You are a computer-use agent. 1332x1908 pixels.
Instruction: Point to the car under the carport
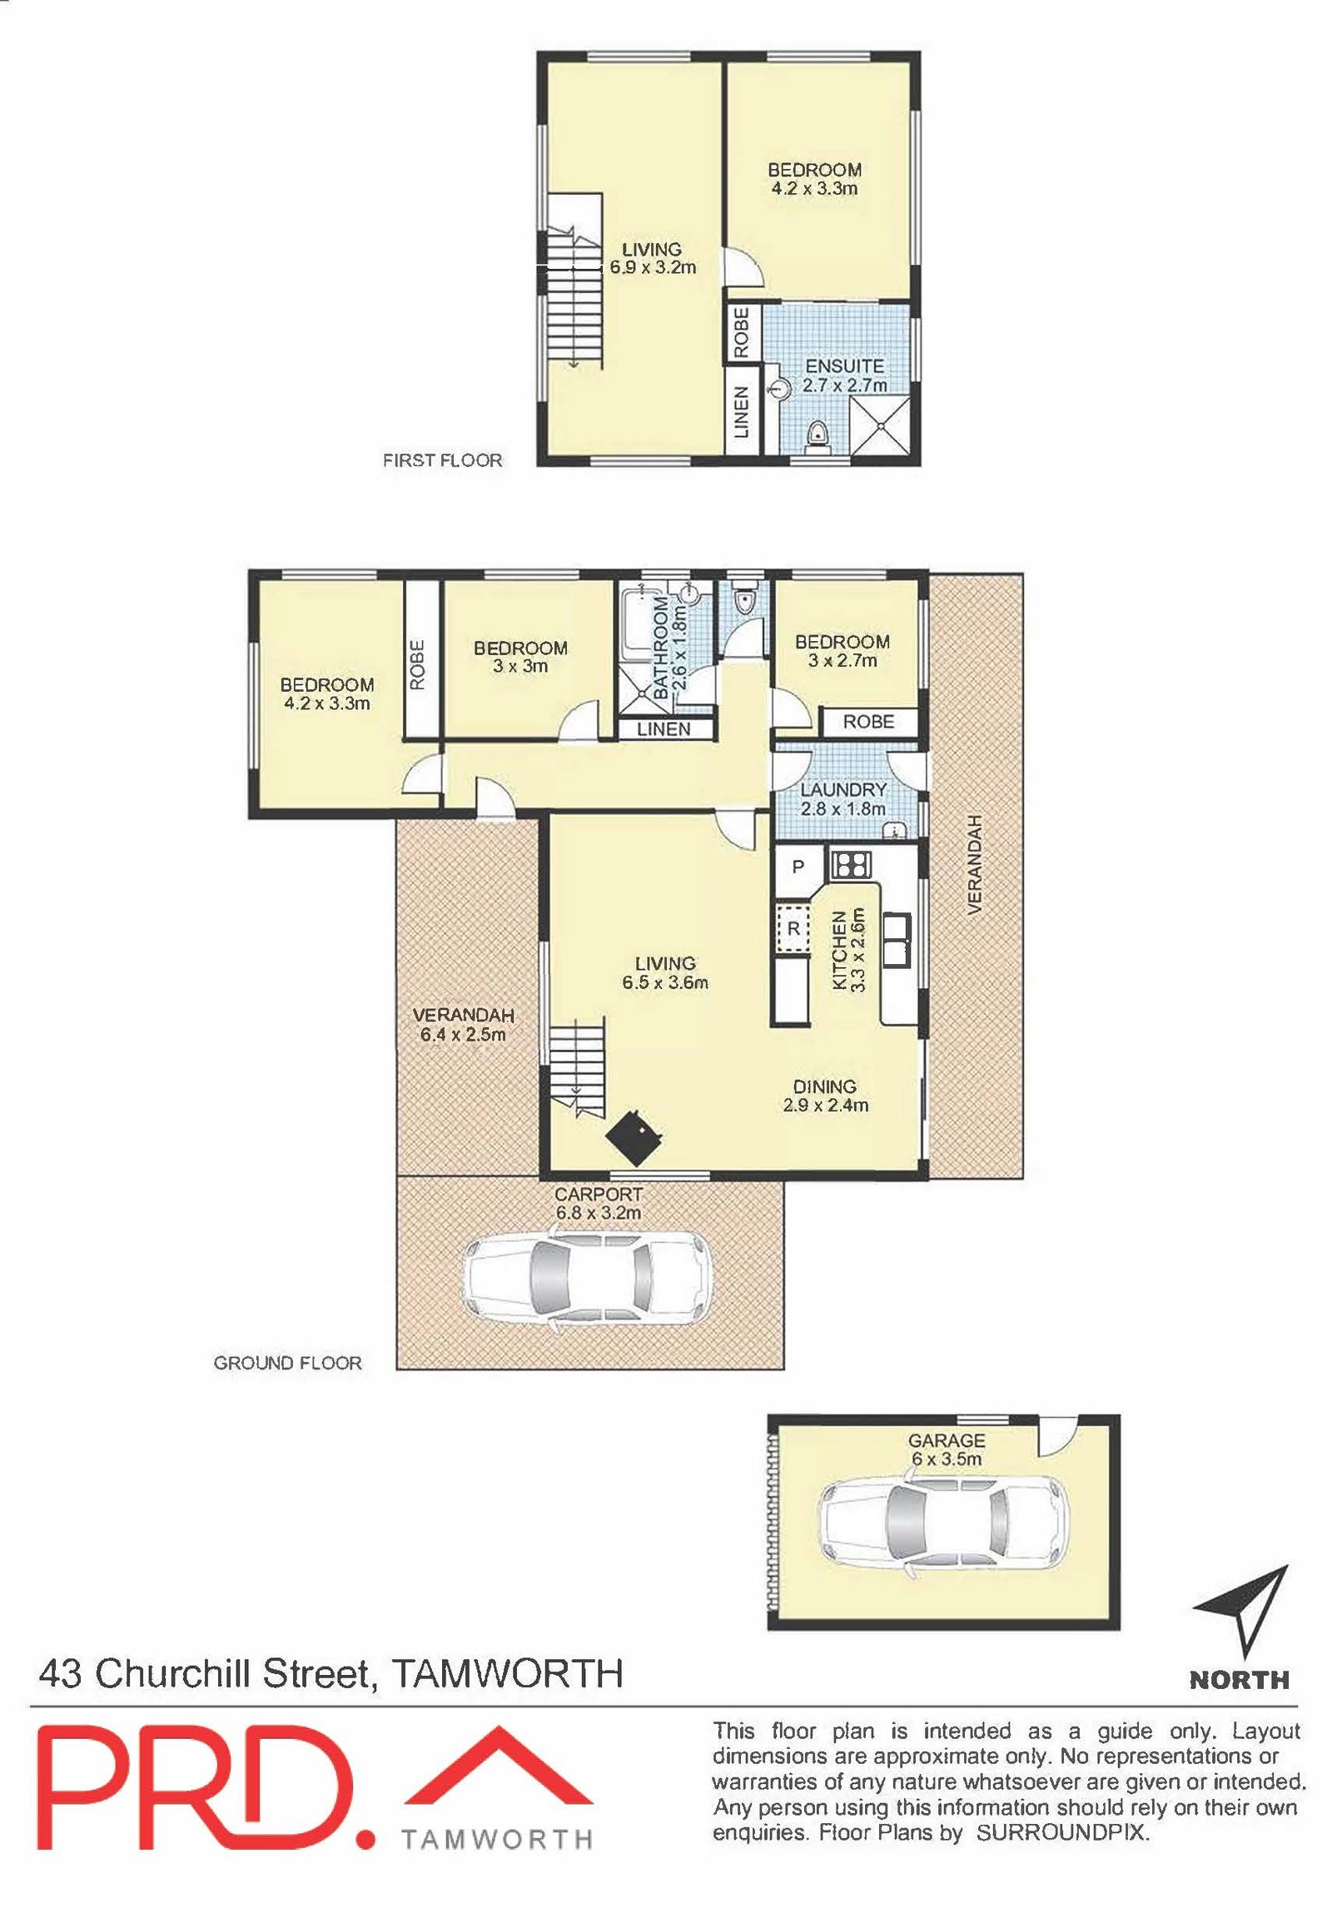tap(588, 1279)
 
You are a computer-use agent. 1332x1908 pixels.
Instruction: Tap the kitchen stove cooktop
tap(850, 864)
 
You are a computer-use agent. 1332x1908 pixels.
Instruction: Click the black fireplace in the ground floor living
tap(634, 1135)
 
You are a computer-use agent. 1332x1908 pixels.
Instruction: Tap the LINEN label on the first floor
tap(742, 412)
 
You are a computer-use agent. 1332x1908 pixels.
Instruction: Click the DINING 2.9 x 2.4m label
tap(825, 1096)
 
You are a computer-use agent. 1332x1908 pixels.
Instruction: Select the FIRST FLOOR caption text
tap(442, 460)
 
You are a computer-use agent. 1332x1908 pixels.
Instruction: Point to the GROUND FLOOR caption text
tap(288, 1364)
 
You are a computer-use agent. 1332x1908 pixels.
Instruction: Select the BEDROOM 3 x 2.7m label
tap(842, 651)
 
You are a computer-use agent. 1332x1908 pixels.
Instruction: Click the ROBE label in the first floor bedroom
tap(742, 332)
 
